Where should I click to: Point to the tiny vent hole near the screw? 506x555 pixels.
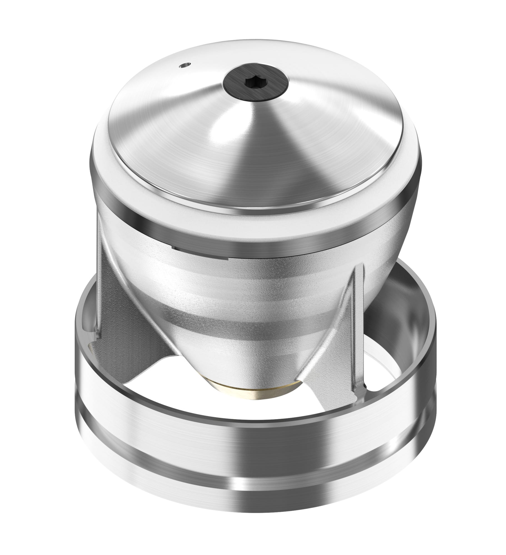(x=184, y=65)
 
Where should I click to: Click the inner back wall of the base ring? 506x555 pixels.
(x=403, y=327)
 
